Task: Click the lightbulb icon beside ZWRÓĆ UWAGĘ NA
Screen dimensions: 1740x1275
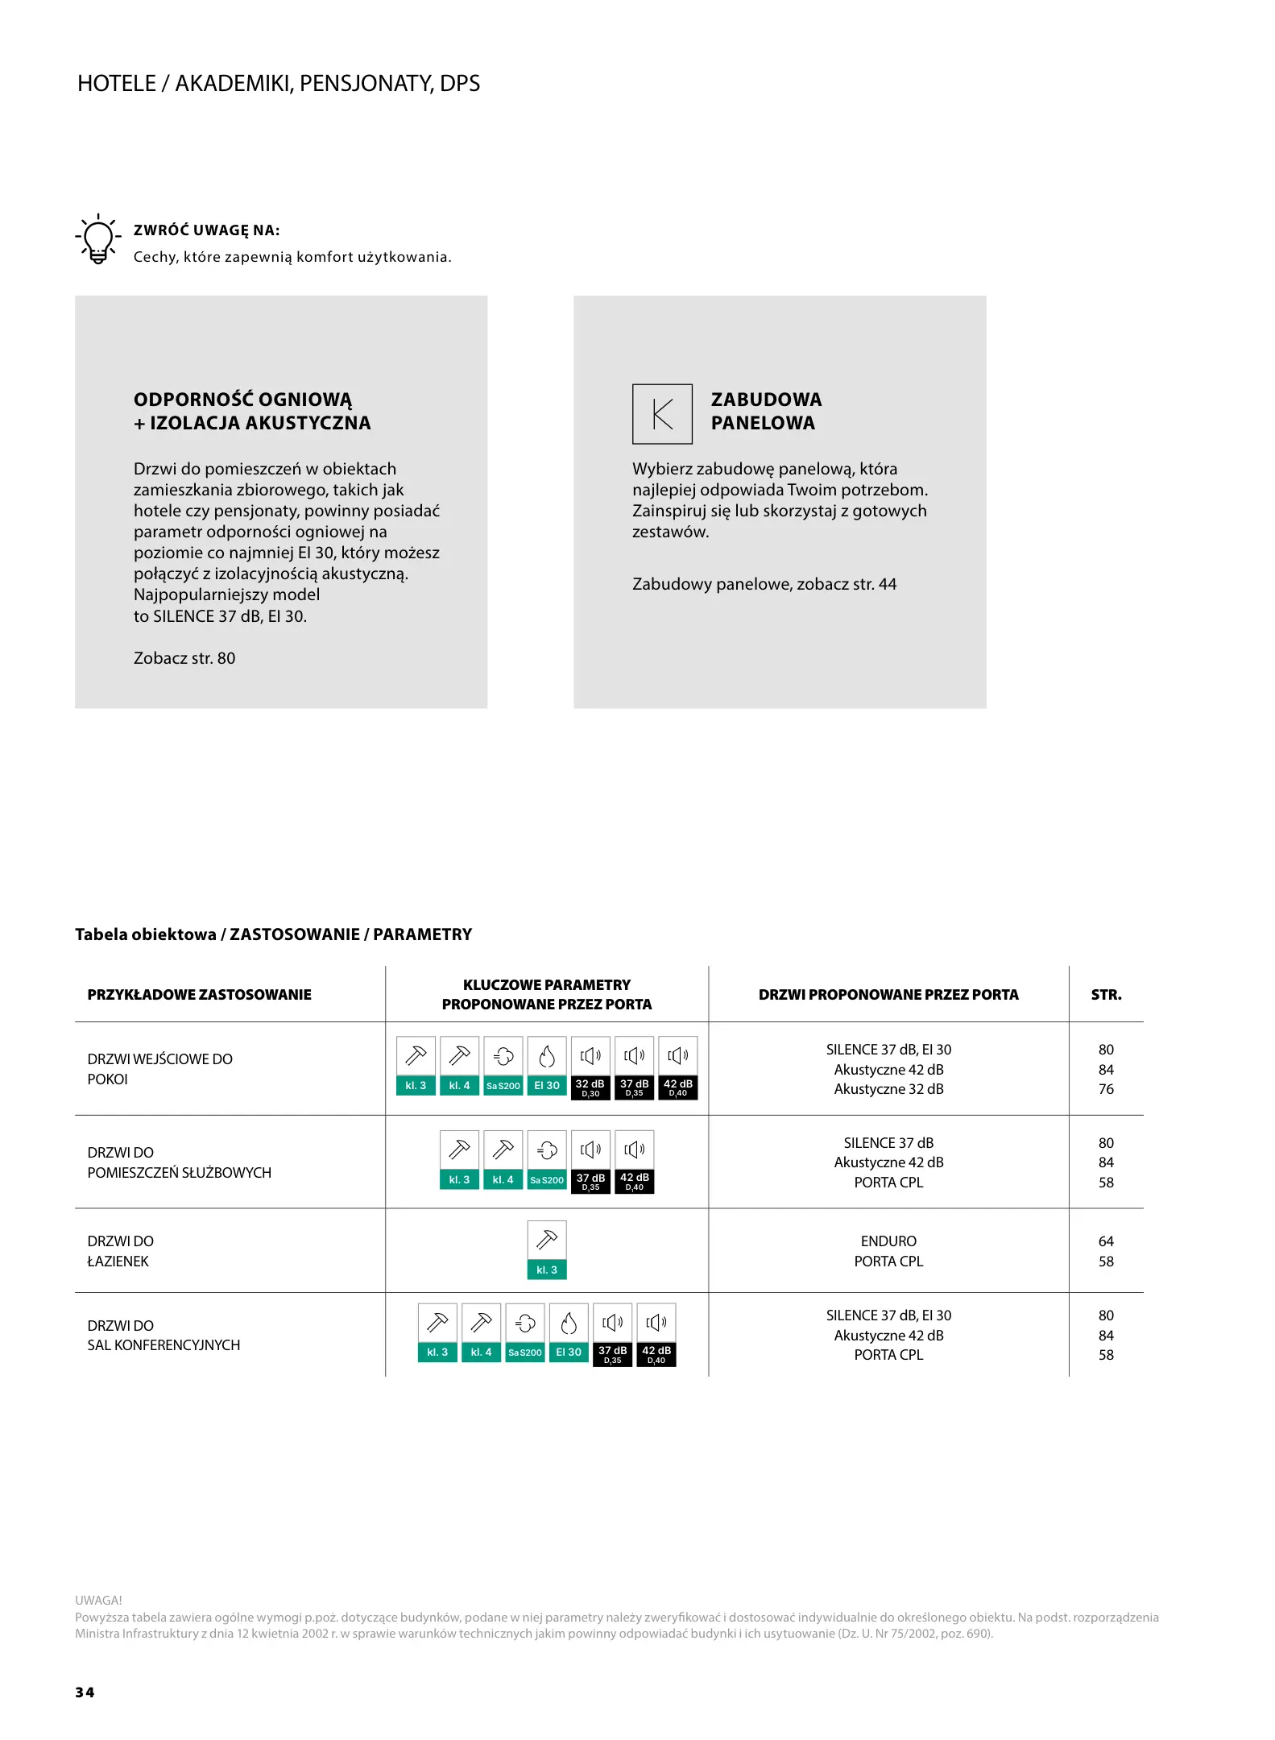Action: pyautogui.click(x=97, y=239)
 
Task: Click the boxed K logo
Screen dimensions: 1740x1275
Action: pyautogui.click(x=662, y=414)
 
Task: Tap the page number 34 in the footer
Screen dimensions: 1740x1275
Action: pyautogui.click(x=85, y=1692)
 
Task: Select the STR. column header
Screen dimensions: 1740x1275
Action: pyautogui.click(x=1106, y=995)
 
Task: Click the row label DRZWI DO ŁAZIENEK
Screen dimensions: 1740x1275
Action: pyautogui.click(x=121, y=1251)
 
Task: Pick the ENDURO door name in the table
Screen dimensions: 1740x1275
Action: pyautogui.click(x=888, y=1241)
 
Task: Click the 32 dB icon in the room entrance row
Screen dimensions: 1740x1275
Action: pyautogui.click(x=590, y=1068)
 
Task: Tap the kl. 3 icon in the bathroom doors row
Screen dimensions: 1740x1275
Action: pyautogui.click(x=547, y=1250)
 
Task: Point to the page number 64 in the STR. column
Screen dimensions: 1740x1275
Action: pyautogui.click(x=1106, y=1241)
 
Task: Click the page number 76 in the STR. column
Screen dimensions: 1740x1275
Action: pyautogui.click(x=1106, y=1089)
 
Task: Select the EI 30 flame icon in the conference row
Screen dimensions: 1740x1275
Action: pyautogui.click(x=569, y=1333)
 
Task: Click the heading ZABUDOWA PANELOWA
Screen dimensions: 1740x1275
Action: pyautogui.click(x=765, y=411)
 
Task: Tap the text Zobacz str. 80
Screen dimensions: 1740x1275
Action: pyautogui.click(x=184, y=658)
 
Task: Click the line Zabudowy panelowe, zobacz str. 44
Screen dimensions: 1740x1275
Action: pyautogui.click(x=764, y=584)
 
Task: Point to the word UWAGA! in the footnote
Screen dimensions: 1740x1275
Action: pyautogui.click(x=98, y=1600)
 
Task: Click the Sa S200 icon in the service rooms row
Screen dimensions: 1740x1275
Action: pyautogui.click(x=547, y=1162)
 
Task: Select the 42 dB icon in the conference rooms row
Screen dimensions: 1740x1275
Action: pyautogui.click(x=656, y=1333)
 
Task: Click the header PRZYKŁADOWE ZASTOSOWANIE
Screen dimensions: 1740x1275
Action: pyautogui.click(x=199, y=995)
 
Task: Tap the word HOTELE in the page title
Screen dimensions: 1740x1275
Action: pyautogui.click(x=117, y=84)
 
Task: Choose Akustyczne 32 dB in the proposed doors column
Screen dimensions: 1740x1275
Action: pyautogui.click(x=888, y=1089)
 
